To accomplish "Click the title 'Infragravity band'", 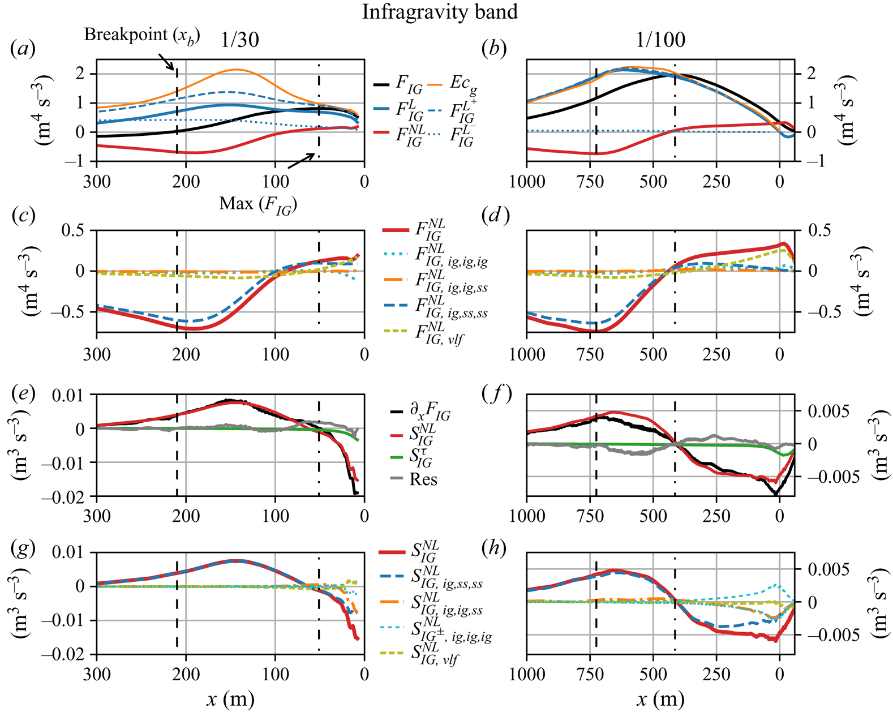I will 440,12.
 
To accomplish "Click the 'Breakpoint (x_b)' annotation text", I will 141,35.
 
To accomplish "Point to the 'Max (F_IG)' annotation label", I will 258,203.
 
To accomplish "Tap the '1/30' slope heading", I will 240,40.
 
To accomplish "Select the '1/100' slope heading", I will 660,40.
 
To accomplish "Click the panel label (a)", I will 23,49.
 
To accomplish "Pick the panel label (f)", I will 496,394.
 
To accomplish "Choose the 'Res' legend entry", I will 423,480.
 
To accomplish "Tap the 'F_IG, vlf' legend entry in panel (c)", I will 441,333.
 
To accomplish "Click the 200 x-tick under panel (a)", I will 186,182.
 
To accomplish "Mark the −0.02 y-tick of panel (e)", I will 67,497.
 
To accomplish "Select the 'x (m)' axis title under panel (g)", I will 230,700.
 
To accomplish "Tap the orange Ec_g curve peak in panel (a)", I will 237,70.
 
